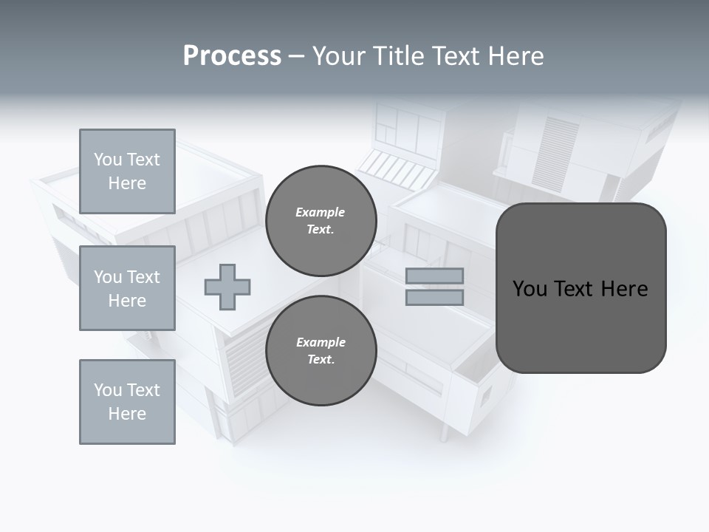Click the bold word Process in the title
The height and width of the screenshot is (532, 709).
tap(232, 56)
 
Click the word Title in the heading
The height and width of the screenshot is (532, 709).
tap(398, 56)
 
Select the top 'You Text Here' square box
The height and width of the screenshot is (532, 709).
tap(127, 171)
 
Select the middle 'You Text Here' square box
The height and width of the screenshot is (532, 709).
tap(127, 288)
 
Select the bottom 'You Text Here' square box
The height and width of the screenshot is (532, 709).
tap(127, 402)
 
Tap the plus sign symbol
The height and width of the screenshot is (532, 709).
tap(227, 287)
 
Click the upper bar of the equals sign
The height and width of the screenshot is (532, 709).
tap(434, 276)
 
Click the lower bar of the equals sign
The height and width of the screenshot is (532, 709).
tap(434, 297)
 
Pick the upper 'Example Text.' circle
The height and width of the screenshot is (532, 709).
tap(321, 221)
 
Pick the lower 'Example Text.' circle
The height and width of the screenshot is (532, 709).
tap(321, 351)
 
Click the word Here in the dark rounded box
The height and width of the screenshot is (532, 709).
tap(624, 289)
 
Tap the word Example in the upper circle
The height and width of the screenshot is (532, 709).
tap(320, 212)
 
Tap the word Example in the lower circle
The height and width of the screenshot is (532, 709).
tap(321, 342)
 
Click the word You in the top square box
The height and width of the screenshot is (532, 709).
tap(108, 160)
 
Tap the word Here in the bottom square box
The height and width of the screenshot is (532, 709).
tap(127, 414)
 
